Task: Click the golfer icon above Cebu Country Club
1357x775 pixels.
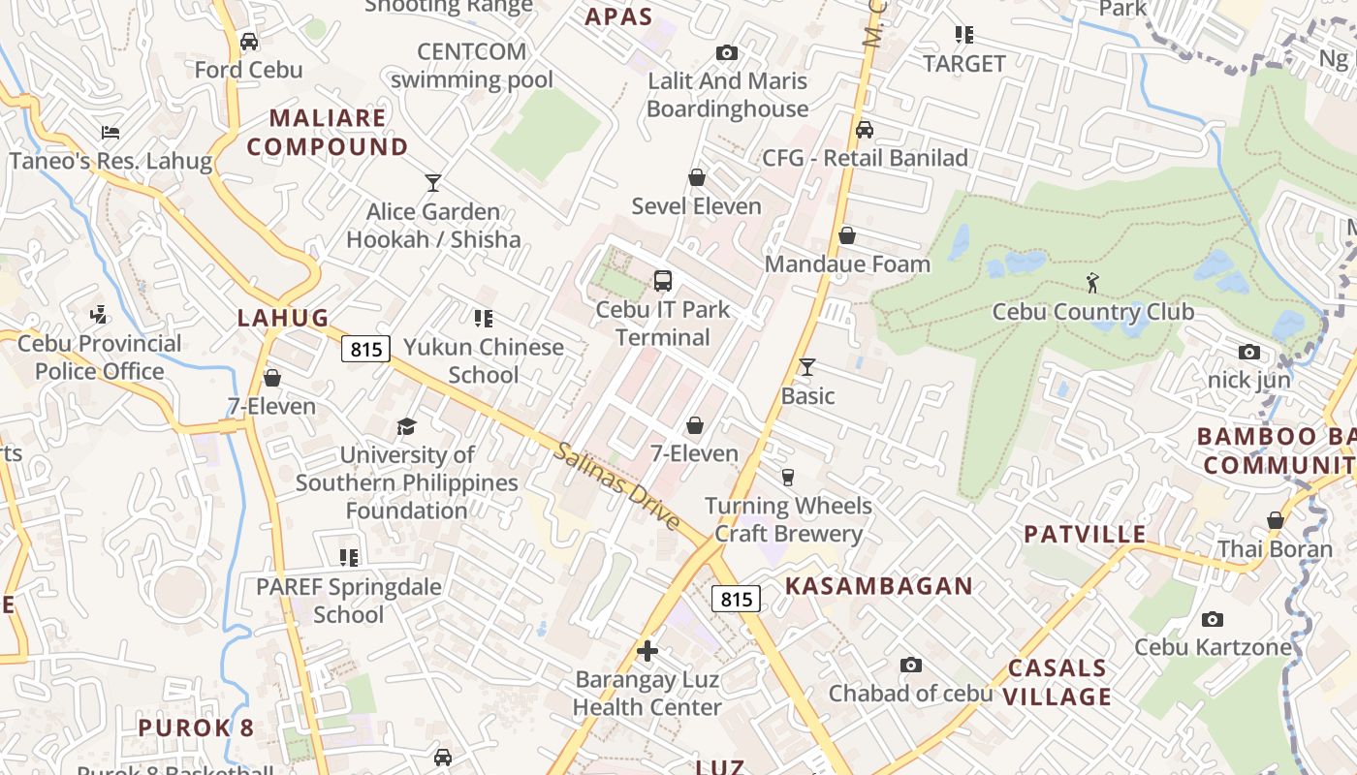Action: click(1093, 283)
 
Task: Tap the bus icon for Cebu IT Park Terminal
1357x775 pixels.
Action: click(663, 281)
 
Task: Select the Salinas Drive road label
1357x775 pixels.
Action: click(617, 485)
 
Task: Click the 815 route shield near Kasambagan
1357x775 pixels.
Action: click(736, 599)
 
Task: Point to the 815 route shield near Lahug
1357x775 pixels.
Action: click(365, 349)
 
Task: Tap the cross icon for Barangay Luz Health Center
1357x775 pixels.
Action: click(647, 651)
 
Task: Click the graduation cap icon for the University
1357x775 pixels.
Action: click(406, 426)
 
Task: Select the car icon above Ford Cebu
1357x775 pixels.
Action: click(249, 42)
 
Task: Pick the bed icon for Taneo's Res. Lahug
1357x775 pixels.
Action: click(110, 132)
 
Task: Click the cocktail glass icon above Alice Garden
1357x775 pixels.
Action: click(432, 182)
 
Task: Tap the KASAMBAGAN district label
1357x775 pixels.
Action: click(878, 586)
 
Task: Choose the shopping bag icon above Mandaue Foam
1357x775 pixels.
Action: click(847, 235)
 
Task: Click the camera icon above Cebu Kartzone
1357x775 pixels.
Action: click(1213, 619)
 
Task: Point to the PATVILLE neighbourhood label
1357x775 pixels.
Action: click(1085, 535)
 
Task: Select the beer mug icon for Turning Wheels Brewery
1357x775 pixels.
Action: click(788, 477)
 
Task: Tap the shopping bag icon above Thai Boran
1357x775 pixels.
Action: click(1276, 521)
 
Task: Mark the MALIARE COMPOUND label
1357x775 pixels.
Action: click(338, 133)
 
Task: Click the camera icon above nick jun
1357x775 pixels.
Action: click(1249, 353)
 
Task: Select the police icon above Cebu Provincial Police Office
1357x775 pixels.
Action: click(99, 315)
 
